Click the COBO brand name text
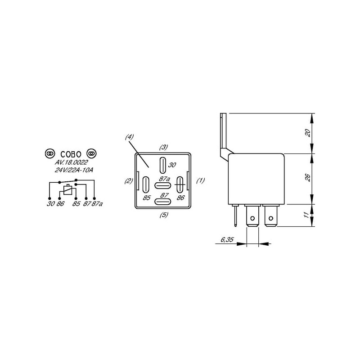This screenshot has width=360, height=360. [71, 154]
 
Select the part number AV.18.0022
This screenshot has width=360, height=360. [72, 162]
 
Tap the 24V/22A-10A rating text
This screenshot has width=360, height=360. [74, 171]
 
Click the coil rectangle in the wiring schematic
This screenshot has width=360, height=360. [68, 190]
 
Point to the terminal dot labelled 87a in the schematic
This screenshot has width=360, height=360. [94, 198]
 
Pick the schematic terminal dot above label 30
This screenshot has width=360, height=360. [49, 198]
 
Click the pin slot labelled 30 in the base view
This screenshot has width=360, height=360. [162, 165]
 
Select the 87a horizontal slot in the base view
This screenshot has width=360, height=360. [162, 185]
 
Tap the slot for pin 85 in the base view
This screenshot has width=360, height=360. [145, 184]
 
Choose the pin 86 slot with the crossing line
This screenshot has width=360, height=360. [180, 184]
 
